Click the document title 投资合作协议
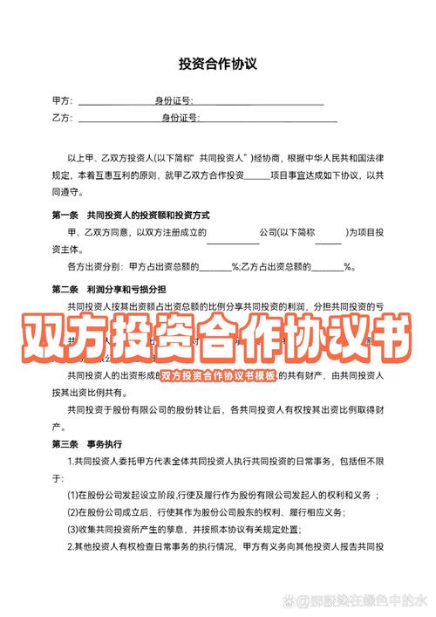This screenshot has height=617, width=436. click(218, 64)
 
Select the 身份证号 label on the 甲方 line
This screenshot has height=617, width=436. click(174, 102)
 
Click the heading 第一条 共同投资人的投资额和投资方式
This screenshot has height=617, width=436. click(130, 216)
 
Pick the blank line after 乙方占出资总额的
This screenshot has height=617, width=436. click(326, 269)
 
